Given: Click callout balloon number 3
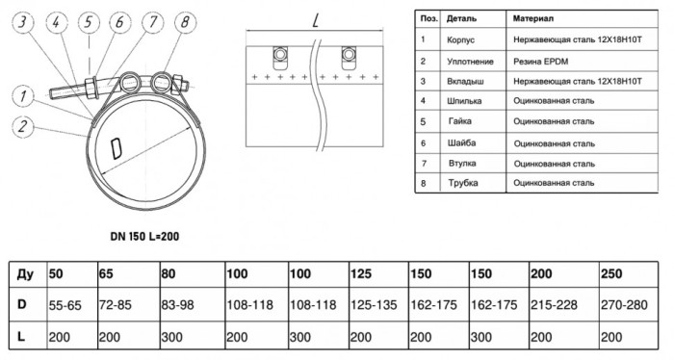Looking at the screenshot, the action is click(23, 22).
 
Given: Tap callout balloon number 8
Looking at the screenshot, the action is click(185, 22).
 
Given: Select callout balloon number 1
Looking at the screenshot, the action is click(23, 96).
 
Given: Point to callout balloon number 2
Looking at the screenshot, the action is click(23, 126).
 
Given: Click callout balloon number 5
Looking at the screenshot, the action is click(89, 22).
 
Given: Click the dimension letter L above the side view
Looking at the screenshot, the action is click(316, 19).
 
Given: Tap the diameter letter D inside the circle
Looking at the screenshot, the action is click(117, 148).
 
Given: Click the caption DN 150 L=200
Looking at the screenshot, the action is click(144, 236).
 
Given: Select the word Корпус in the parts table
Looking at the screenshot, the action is click(460, 40).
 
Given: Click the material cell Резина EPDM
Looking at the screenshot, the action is click(540, 62).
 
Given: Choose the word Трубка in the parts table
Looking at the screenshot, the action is click(463, 183).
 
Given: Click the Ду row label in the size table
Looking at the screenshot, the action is click(26, 274).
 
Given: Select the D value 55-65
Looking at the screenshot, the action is click(65, 305).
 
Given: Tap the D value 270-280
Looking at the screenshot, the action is click(624, 305).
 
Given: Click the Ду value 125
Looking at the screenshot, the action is click(361, 273).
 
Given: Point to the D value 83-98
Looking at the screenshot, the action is click(177, 305).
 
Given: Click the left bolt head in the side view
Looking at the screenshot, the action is click(280, 54).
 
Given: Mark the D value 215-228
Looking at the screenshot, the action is click(554, 305).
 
